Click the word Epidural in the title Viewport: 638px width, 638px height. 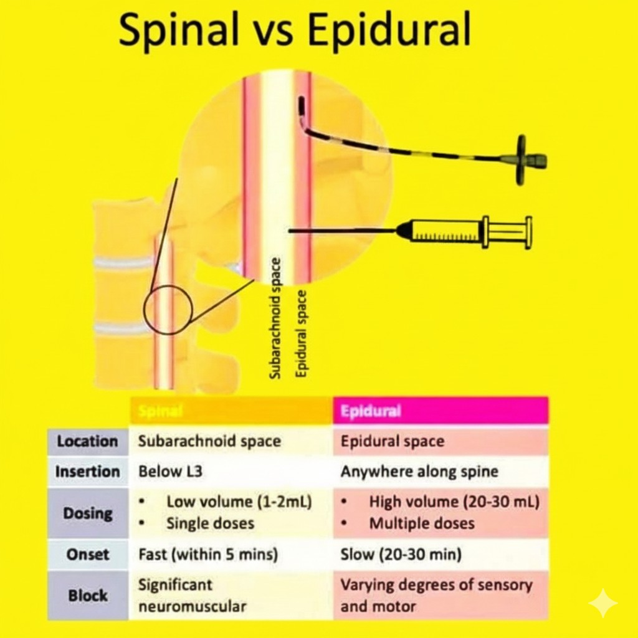pos(389,29)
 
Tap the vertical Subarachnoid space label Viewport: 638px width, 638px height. pos(275,318)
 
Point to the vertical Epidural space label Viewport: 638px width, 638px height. pos(301,334)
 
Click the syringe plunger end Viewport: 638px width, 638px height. pos(528,232)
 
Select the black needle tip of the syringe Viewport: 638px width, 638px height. pos(290,231)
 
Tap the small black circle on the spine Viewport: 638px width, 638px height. pos(168,310)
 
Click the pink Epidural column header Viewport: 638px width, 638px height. pos(440,411)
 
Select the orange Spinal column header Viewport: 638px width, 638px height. pos(231,411)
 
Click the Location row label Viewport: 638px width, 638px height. pos(87,441)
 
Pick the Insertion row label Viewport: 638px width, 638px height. pos(87,472)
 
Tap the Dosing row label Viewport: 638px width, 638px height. pos(88,513)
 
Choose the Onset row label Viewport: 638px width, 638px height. pos(88,554)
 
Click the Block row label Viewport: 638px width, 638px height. pos(88,595)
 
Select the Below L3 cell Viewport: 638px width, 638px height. pos(170,471)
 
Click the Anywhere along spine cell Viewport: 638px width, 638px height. pos(419,472)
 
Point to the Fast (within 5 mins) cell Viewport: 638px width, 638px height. pos(208,554)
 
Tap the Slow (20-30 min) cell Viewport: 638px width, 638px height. pos(401,554)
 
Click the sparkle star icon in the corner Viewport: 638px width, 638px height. pos(603,603)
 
